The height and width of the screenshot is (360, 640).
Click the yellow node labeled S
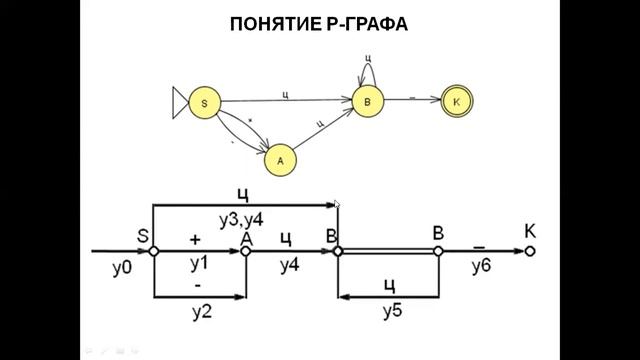tap(204, 102)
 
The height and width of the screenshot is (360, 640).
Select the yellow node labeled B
tap(367, 101)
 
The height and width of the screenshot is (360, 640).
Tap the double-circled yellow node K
tap(456, 101)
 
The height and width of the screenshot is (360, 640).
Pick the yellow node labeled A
tap(281, 158)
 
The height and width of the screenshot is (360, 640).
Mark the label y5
tap(391, 312)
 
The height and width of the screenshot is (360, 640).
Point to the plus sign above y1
tap(195, 240)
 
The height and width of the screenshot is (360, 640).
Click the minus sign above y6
tap(481, 242)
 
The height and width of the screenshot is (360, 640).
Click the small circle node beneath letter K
tap(531, 251)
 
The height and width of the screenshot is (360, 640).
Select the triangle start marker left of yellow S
tap(180, 102)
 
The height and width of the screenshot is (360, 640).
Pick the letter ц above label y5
tap(391, 284)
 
